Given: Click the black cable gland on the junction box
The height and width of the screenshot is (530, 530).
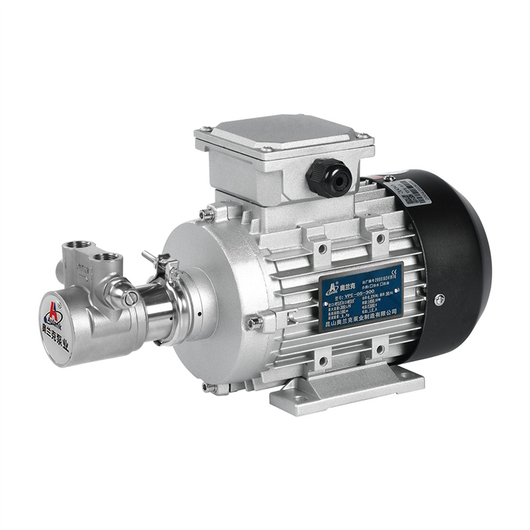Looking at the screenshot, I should pyautogui.click(x=329, y=177).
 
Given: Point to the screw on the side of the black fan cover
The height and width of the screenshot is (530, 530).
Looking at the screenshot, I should pyautogui.click(x=439, y=300).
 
